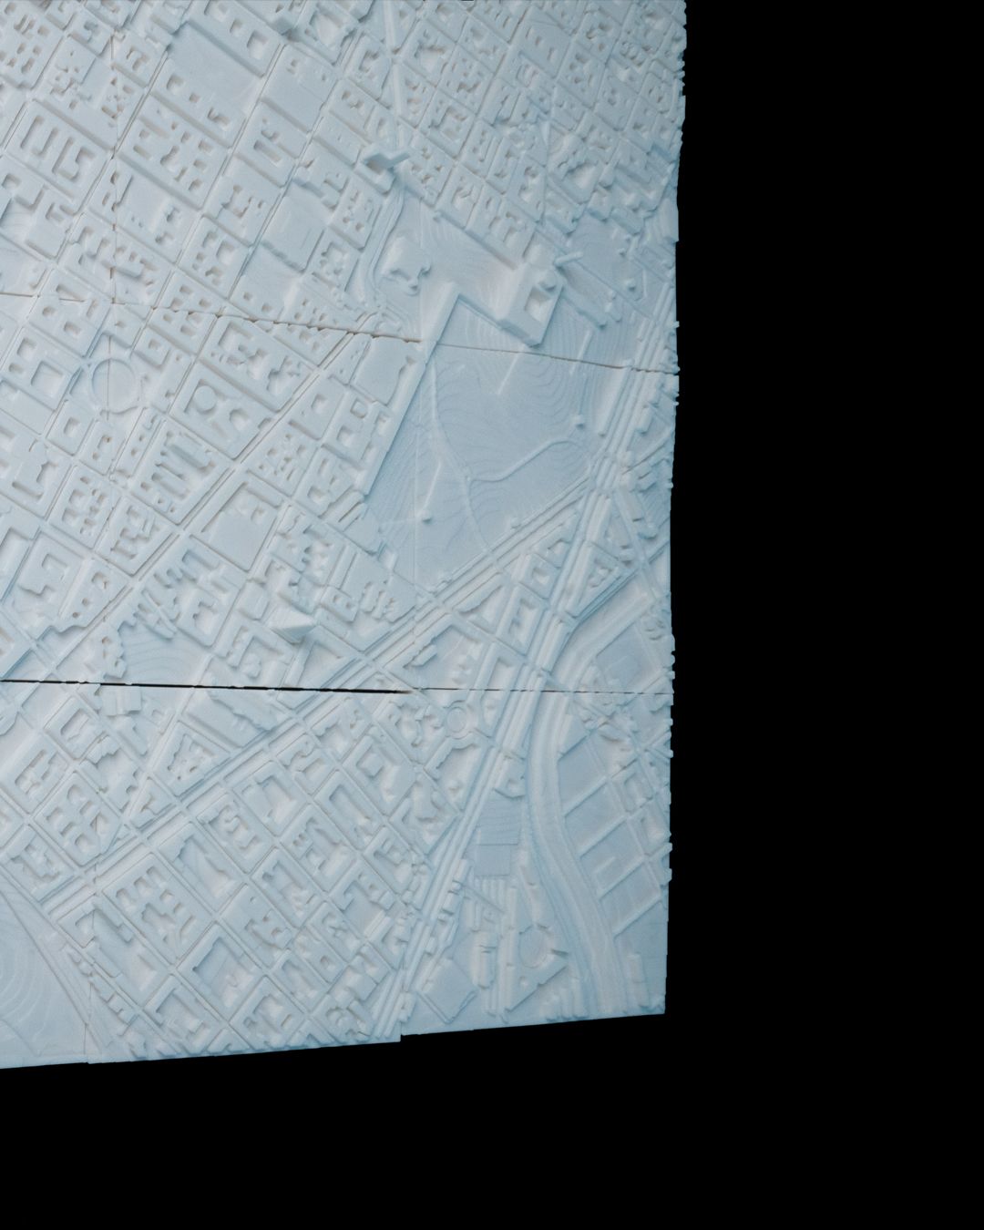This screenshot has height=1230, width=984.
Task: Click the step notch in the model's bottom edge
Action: pos(399,1039)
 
